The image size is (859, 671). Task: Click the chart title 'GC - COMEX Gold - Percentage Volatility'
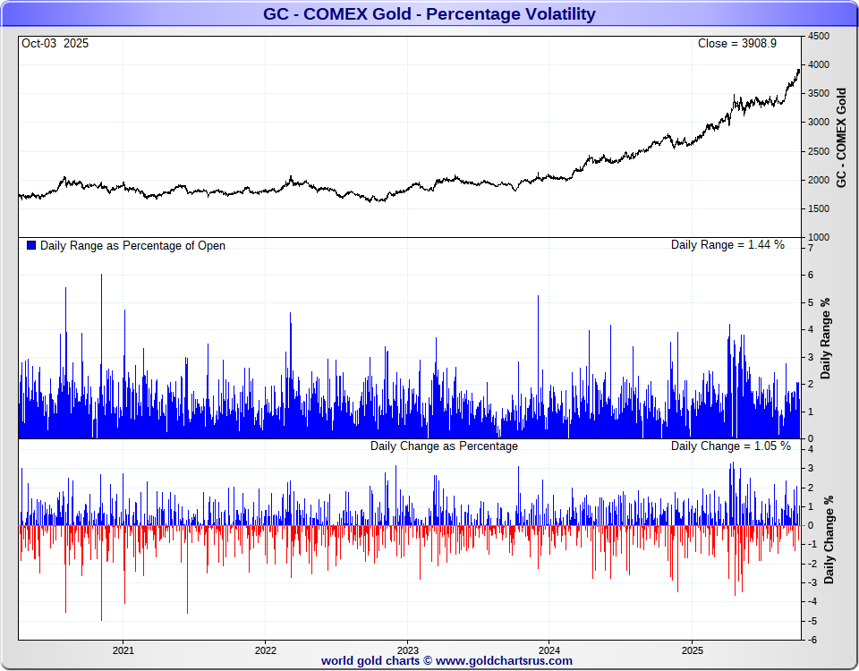[429, 14]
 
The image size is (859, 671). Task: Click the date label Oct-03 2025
[55, 43]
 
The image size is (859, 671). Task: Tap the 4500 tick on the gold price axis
[819, 36]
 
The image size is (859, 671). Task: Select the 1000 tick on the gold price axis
[819, 237]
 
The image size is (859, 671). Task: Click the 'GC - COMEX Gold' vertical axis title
[841, 137]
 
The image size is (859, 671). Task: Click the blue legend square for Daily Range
[32, 245]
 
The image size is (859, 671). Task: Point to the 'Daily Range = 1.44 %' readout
[727, 245]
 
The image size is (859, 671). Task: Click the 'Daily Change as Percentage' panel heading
[444, 446]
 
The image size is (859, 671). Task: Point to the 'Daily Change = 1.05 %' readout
[731, 446]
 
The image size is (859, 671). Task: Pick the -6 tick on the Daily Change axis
[812, 640]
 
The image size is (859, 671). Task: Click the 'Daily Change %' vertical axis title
[829, 539]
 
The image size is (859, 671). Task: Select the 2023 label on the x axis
[407, 650]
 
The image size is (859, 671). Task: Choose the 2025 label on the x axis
[692, 650]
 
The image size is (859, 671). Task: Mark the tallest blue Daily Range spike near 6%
[101, 276]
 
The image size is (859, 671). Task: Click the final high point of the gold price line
[799, 70]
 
